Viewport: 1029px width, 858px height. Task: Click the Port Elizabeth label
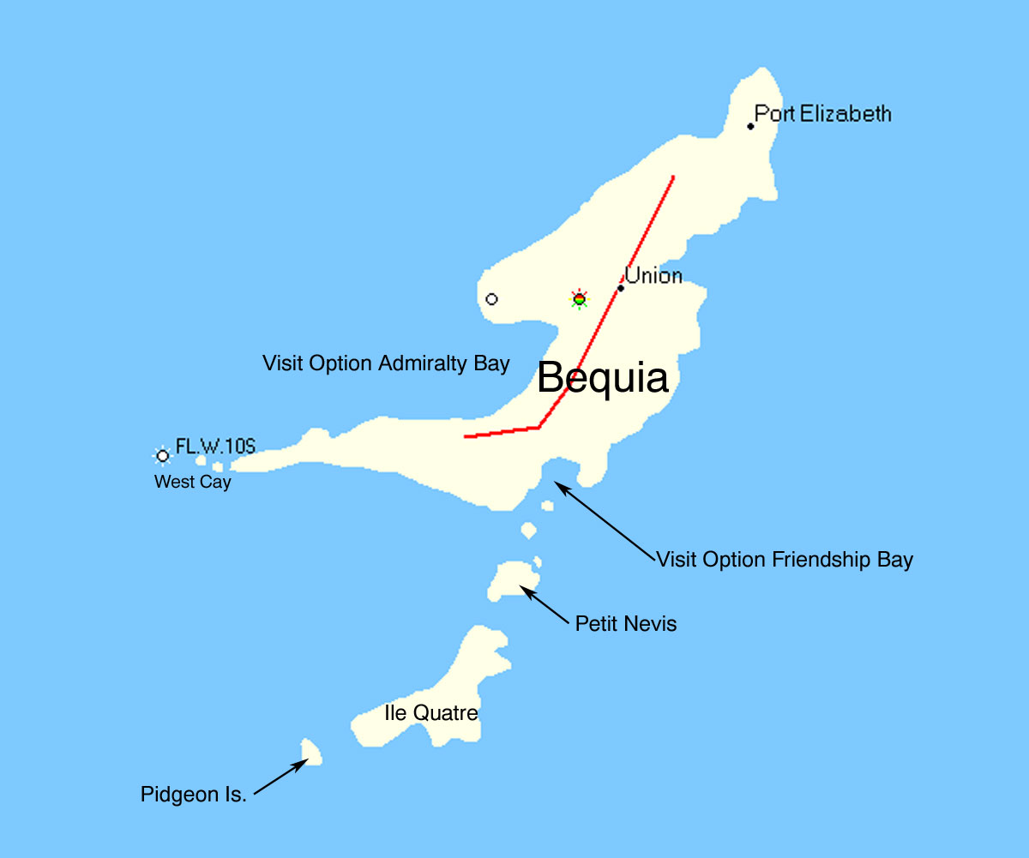(x=822, y=114)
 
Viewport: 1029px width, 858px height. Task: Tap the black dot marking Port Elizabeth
(x=750, y=126)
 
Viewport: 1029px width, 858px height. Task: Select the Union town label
(x=653, y=276)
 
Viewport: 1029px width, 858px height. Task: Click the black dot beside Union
(x=621, y=288)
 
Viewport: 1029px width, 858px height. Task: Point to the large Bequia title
(x=603, y=378)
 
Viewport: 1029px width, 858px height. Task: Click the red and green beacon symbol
(x=580, y=299)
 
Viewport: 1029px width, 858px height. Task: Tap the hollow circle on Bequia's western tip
(x=491, y=299)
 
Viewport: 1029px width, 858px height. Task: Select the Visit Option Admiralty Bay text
(x=386, y=363)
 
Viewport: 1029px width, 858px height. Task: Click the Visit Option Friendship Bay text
(x=785, y=560)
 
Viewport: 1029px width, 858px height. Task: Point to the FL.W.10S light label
(x=215, y=446)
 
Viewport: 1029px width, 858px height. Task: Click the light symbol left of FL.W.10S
(x=162, y=455)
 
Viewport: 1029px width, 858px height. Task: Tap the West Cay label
(x=193, y=483)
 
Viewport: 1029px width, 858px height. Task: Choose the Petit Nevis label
(x=626, y=624)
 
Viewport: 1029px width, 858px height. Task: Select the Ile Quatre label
(x=430, y=713)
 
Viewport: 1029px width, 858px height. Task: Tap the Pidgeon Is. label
(x=194, y=795)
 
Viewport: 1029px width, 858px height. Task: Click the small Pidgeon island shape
(x=310, y=752)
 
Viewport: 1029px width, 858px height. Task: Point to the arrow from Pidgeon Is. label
(x=281, y=777)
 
